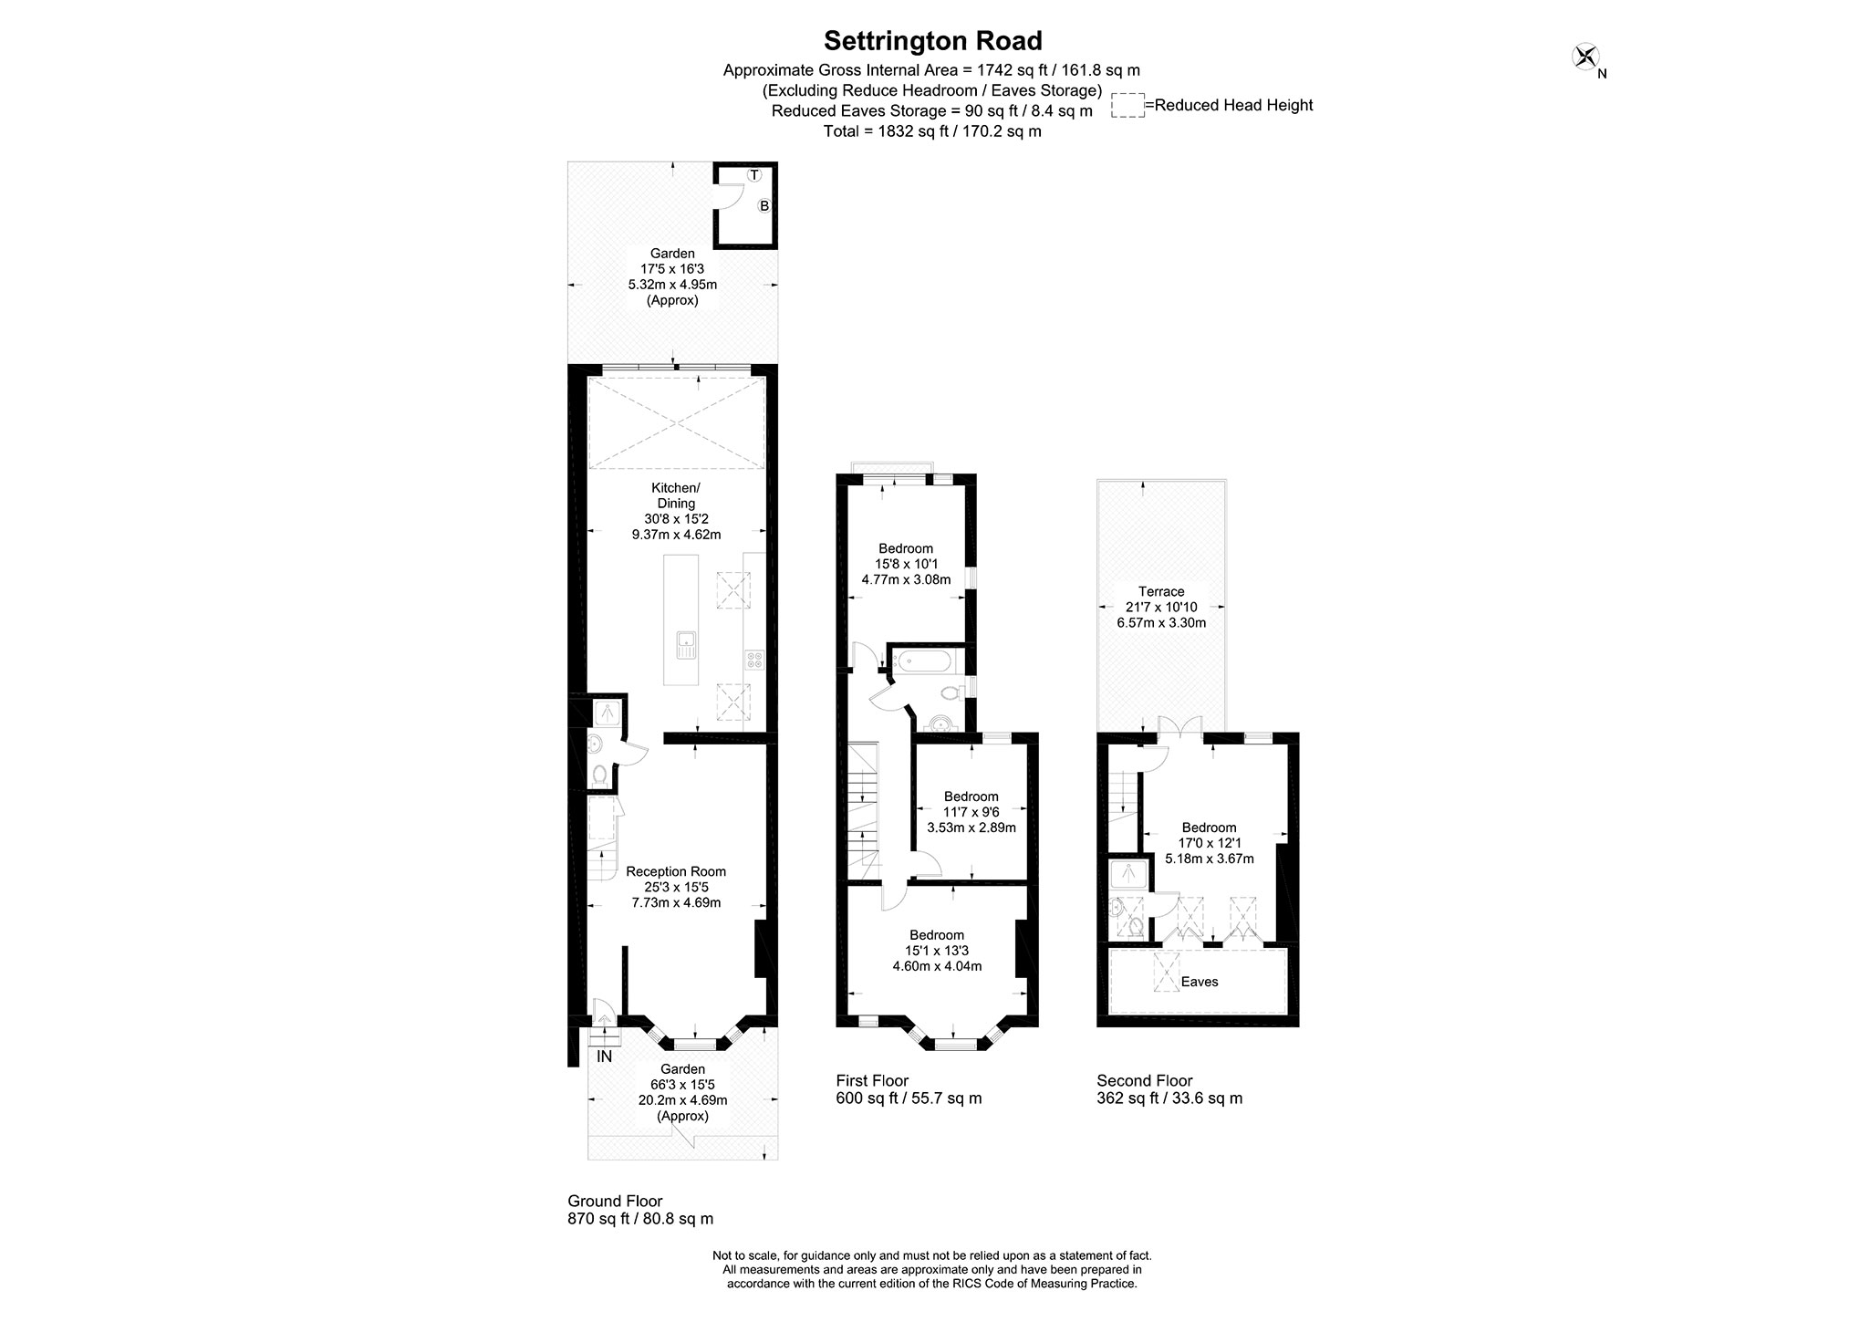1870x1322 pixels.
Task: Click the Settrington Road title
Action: (x=932, y=41)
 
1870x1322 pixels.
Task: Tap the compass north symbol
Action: (x=1585, y=57)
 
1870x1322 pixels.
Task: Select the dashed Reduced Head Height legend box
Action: (x=1127, y=106)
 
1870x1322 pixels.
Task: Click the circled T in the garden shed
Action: (x=754, y=174)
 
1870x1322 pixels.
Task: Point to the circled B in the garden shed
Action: (x=764, y=206)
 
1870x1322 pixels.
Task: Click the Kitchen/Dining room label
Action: (x=676, y=495)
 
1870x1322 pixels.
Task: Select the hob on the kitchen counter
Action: (x=754, y=659)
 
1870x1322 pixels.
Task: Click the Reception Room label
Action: (x=676, y=871)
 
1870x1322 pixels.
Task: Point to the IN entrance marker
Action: (x=604, y=1057)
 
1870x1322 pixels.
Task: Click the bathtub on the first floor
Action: (x=923, y=661)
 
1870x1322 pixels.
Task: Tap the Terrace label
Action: (x=1161, y=591)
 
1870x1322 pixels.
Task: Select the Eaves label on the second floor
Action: (x=1200, y=982)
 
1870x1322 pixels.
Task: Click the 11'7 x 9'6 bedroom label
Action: (x=971, y=812)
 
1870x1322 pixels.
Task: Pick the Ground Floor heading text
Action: (x=615, y=1201)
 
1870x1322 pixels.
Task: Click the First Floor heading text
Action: (x=872, y=1081)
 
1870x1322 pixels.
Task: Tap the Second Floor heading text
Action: (x=1144, y=1081)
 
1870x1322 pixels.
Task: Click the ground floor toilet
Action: (x=599, y=775)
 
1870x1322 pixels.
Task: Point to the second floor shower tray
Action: (x=1129, y=874)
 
